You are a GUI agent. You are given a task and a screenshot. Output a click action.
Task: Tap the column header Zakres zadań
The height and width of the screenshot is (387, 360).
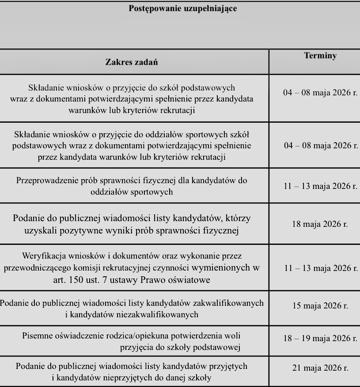point(132,62)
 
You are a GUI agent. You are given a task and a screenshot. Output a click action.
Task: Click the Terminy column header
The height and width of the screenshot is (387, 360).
point(320,56)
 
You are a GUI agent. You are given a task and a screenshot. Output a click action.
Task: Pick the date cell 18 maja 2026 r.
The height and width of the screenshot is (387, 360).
point(320,224)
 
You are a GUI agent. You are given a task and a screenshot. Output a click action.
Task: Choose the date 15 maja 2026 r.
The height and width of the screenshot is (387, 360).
point(320,305)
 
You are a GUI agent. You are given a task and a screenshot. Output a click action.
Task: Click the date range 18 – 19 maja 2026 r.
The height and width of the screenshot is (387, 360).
point(320,339)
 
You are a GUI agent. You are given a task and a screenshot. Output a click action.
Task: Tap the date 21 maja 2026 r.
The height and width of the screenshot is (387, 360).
point(320,367)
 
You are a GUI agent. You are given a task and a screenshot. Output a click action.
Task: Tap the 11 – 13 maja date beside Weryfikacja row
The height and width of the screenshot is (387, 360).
point(320,268)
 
